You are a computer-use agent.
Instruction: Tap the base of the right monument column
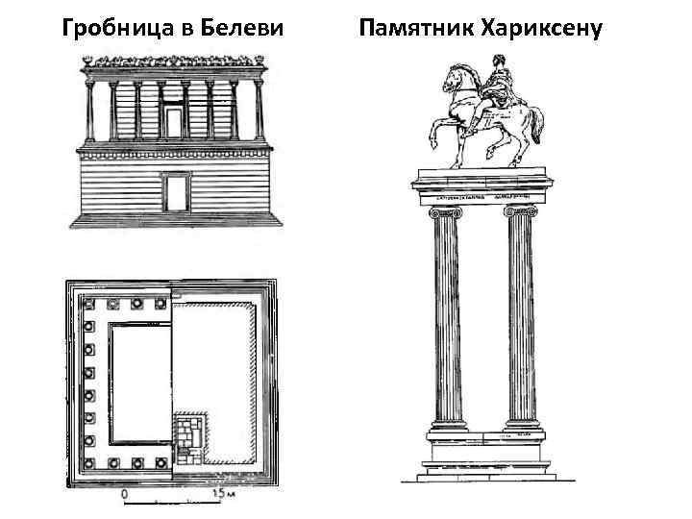[x=521, y=429]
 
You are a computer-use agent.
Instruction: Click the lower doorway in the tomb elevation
[x=175, y=193]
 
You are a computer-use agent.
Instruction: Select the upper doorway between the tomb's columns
[x=174, y=120]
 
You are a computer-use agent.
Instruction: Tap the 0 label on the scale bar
[x=124, y=495]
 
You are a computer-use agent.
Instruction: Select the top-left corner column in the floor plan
[x=89, y=304]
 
